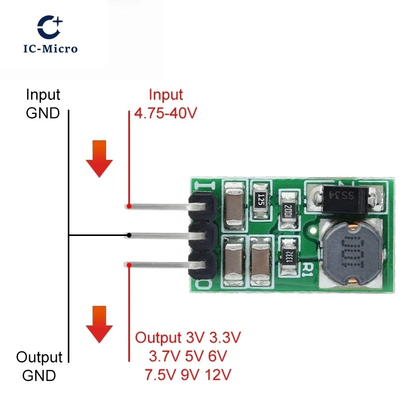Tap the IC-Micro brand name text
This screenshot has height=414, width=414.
click(x=50, y=49)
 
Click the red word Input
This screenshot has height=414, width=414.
click(x=166, y=95)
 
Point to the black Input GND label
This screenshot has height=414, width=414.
click(x=43, y=104)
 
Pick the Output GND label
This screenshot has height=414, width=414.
click(x=39, y=366)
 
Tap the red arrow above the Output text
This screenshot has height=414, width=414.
click(x=99, y=324)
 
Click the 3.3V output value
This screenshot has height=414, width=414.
click(x=225, y=338)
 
